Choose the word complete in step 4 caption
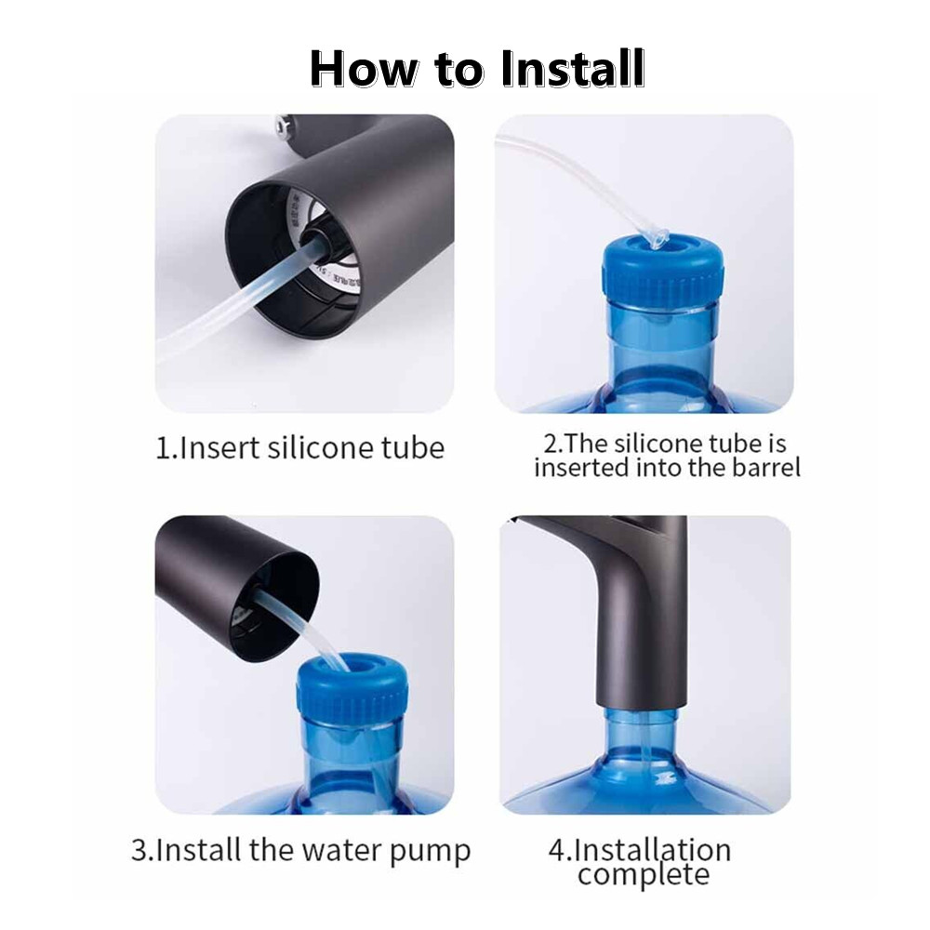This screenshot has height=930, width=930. point(643,874)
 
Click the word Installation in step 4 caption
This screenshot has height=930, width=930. point(652,850)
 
